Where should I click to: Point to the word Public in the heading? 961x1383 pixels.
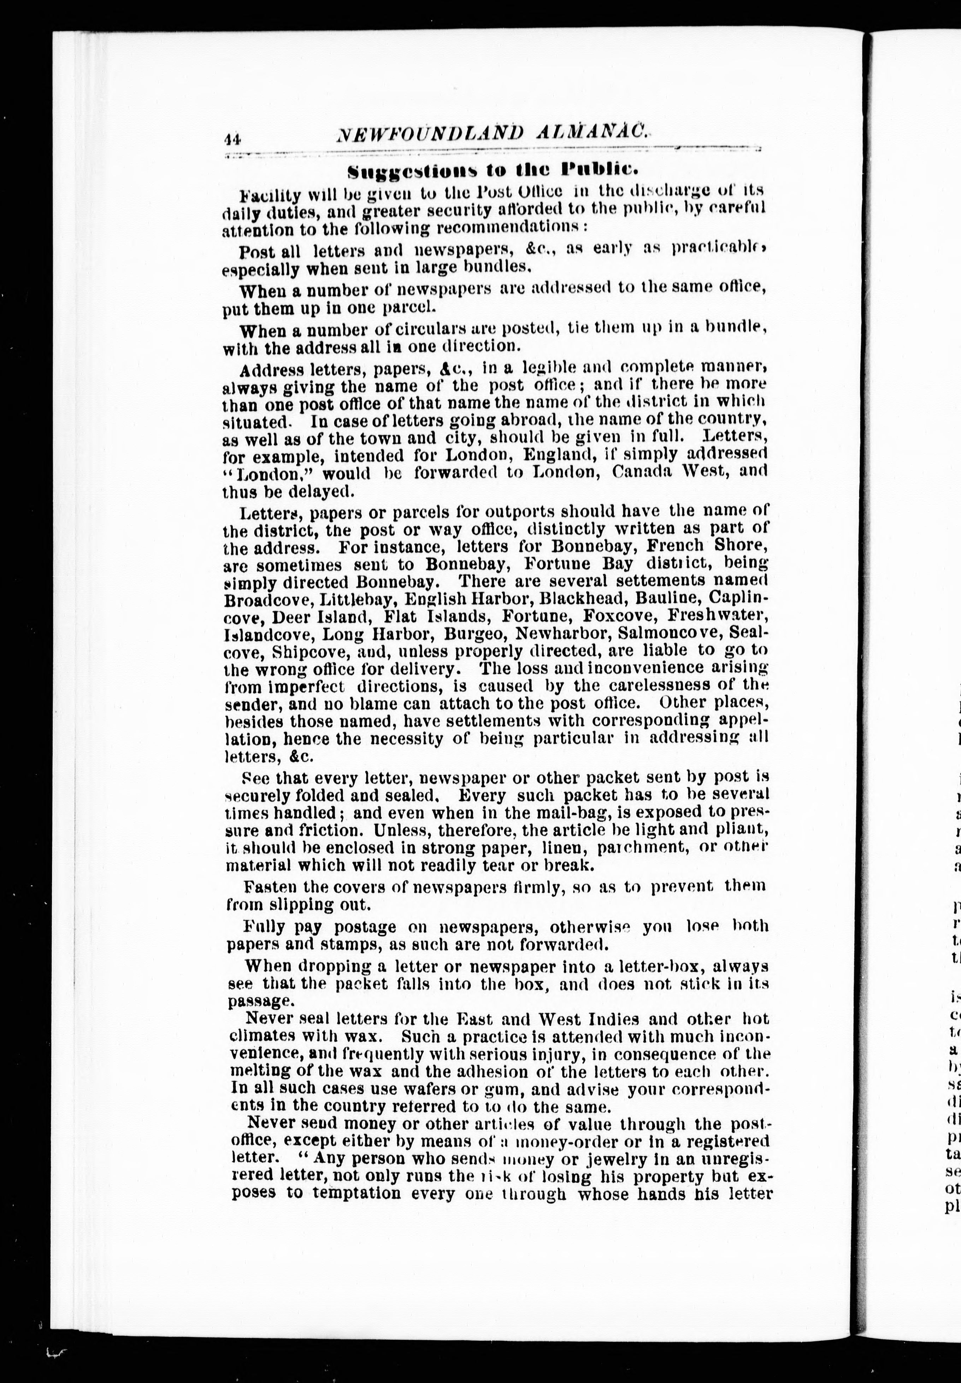coord(596,169)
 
